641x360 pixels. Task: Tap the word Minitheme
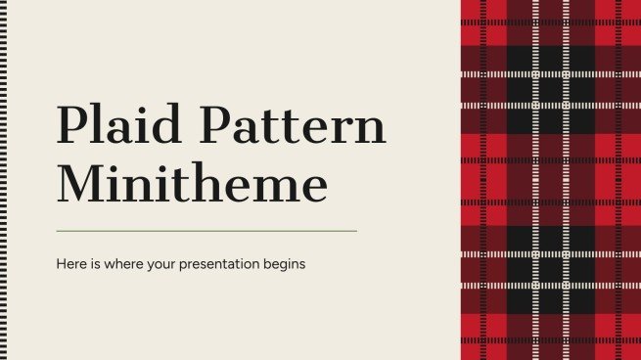(x=192, y=185)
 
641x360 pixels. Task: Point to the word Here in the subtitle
(x=71, y=264)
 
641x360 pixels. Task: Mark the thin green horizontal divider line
(x=206, y=231)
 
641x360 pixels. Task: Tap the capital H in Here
(x=61, y=264)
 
